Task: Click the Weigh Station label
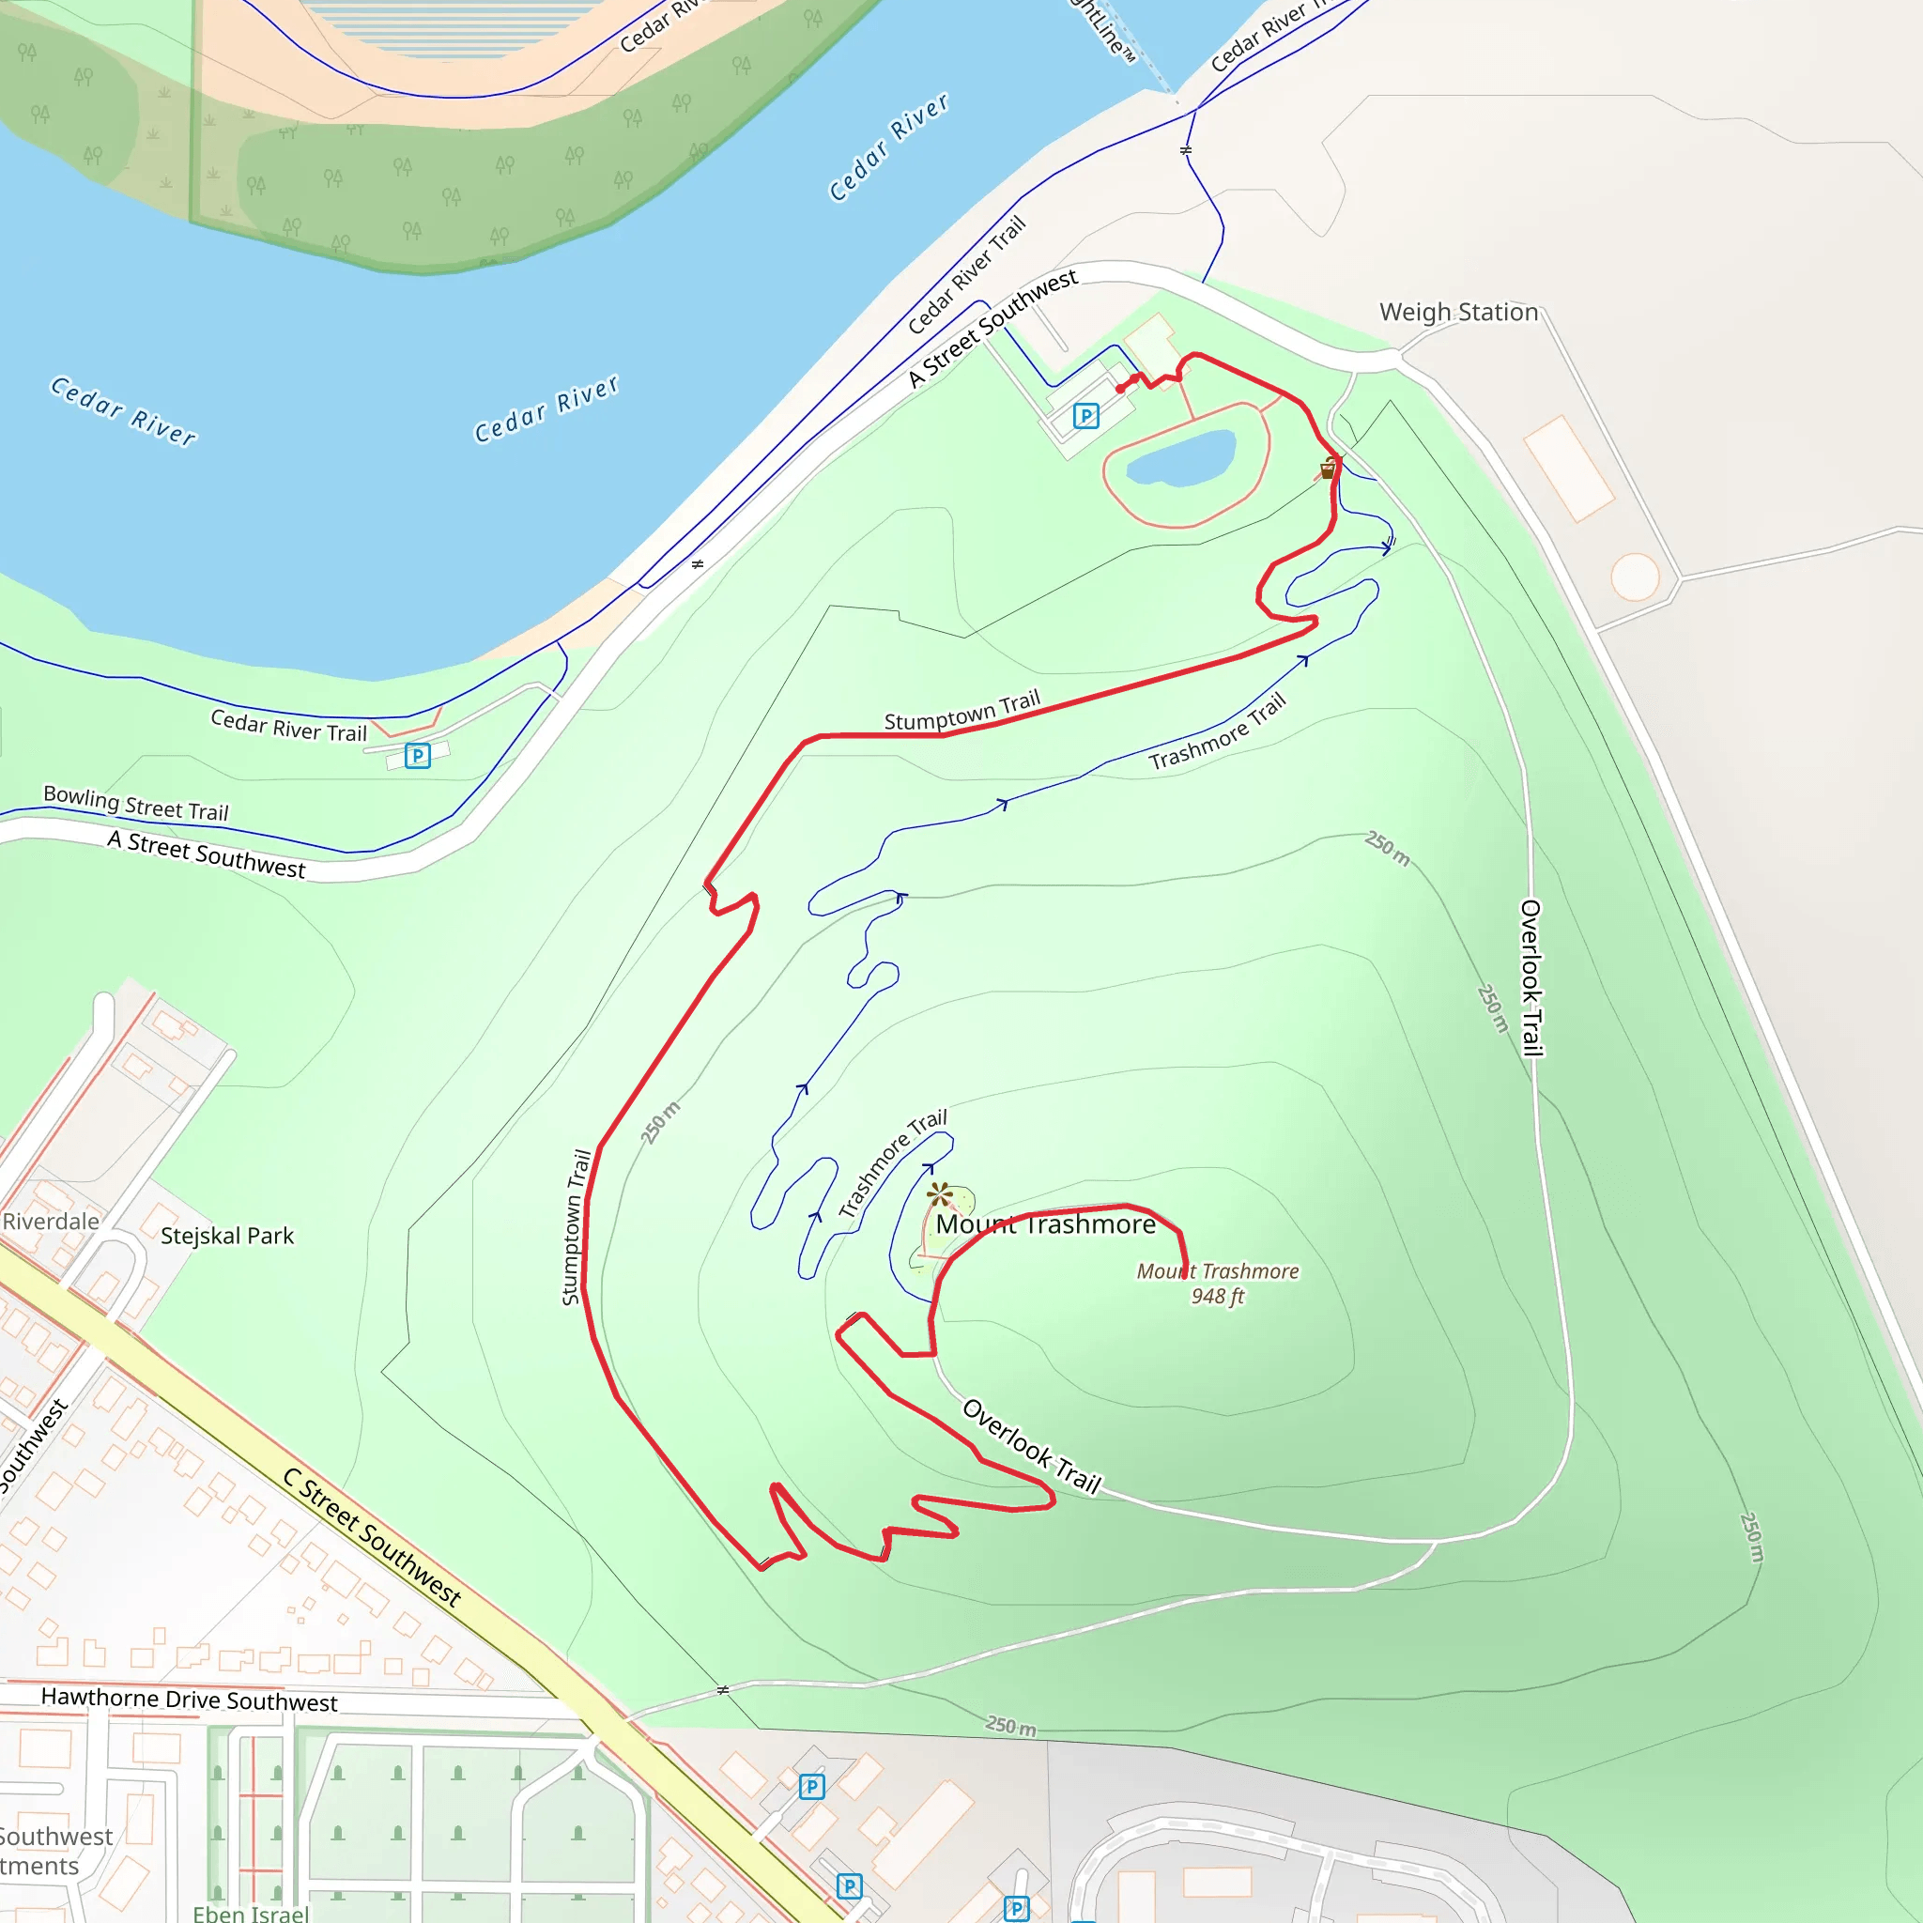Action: click(x=1458, y=313)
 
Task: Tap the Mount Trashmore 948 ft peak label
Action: click(x=1217, y=1283)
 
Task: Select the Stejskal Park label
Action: click(x=227, y=1237)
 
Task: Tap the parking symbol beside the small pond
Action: click(x=1086, y=416)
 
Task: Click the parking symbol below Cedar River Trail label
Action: click(x=418, y=757)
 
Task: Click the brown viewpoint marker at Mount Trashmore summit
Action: click(x=939, y=1193)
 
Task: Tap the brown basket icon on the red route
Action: click(x=1328, y=469)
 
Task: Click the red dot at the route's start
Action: click(x=1121, y=389)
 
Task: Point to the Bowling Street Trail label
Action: click(x=136, y=803)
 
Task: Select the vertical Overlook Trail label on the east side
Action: click(x=1531, y=977)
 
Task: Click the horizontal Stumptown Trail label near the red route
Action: click(x=961, y=711)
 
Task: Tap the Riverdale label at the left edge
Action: click(x=51, y=1223)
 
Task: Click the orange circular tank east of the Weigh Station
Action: click(x=1635, y=577)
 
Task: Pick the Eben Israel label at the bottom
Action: click(x=251, y=1913)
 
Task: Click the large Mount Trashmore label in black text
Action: click(x=1045, y=1225)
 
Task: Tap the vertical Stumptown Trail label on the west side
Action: click(x=577, y=1226)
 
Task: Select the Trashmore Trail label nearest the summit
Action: click(x=892, y=1163)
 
